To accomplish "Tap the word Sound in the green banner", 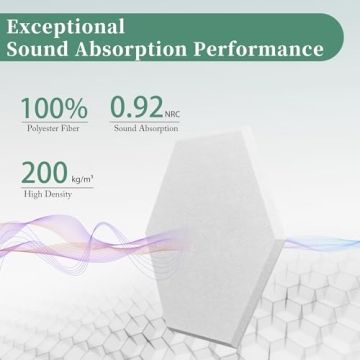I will [x=47, y=49].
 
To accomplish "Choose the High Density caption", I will [x=46, y=194].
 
